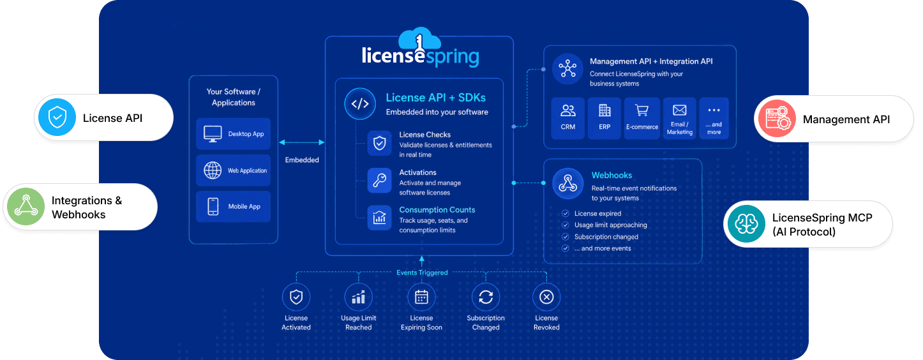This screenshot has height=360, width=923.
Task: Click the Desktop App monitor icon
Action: click(x=213, y=134)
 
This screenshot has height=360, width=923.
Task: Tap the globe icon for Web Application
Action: click(x=213, y=170)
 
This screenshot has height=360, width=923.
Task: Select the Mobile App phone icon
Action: click(x=213, y=206)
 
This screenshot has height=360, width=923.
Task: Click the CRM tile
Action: click(x=568, y=118)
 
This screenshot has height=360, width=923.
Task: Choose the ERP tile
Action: click(x=604, y=118)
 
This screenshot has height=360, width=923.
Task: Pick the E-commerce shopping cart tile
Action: click(x=642, y=118)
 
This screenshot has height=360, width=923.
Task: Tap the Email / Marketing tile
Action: click(x=679, y=118)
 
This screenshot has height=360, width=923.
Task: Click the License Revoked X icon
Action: click(x=546, y=297)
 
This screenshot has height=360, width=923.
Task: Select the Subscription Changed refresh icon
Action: click(x=486, y=297)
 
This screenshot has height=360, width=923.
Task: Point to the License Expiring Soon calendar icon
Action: click(x=421, y=297)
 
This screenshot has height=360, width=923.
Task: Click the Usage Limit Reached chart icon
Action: click(x=359, y=297)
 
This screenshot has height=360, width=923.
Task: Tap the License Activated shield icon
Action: click(x=296, y=297)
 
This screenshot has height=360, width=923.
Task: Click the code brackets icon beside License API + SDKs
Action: click(x=360, y=104)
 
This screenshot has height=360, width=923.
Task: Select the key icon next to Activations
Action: click(x=380, y=181)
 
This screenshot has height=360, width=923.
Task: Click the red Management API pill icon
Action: click(x=777, y=119)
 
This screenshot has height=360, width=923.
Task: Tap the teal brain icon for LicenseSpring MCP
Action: click(x=746, y=224)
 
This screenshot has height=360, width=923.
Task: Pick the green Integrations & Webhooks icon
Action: click(x=26, y=206)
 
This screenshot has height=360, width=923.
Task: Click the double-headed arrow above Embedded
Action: click(x=302, y=142)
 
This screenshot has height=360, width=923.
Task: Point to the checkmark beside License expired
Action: click(x=566, y=213)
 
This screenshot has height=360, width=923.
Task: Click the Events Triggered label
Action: click(x=422, y=273)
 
